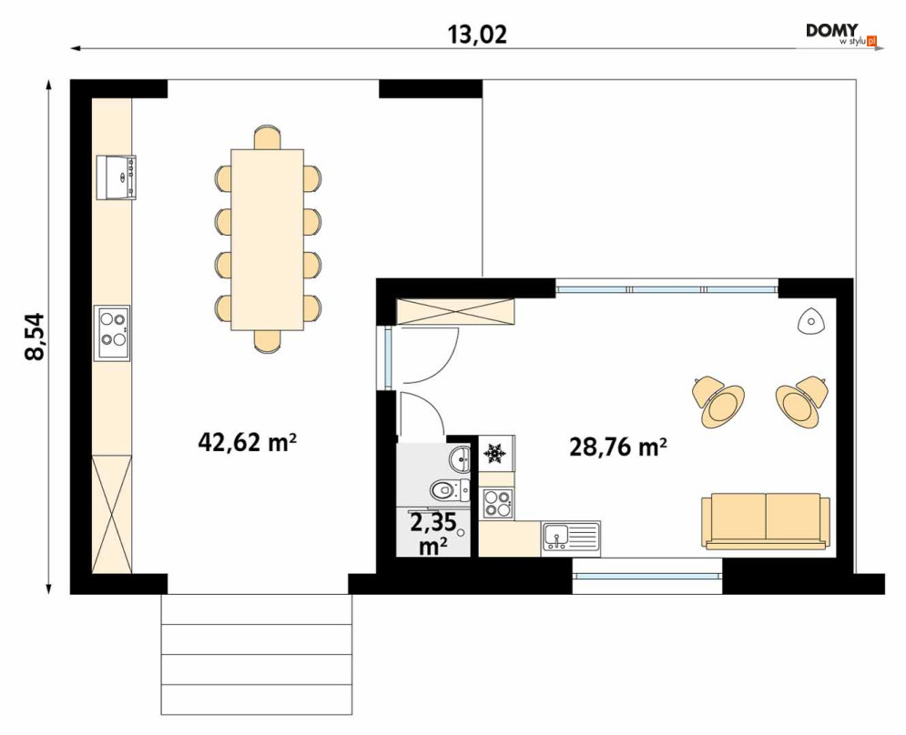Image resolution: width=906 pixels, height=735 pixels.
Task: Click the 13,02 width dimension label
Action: pyautogui.click(x=477, y=35)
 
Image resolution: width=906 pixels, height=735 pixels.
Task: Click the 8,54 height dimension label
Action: pyautogui.click(x=35, y=337)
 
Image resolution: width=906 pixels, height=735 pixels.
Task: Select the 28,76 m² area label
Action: pyautogui.click(x=618, y=447)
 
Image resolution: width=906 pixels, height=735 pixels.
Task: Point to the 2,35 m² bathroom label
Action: pyautogui.click(x=433, y=534)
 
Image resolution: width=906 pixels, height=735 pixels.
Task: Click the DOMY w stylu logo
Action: pyautogui.click(x=841, y=34)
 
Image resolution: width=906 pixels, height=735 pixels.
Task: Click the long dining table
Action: pyautogui.click(x=268, y=239)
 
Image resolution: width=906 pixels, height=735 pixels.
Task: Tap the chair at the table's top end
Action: pyautogui.click(x=268, y=137)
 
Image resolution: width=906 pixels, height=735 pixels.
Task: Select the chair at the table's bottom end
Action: pyautogui.click(x=268, y=340)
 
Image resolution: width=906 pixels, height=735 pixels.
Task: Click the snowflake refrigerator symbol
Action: pyautogui.click(x=494, y=453)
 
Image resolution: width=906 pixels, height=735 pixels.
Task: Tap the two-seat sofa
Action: pyautogui.click(x=766, y=521)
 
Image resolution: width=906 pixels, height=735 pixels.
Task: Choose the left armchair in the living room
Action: pyautogui.click(x=718, y=399)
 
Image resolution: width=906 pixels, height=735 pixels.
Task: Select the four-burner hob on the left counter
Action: pyautogui.click(x=112, y=333)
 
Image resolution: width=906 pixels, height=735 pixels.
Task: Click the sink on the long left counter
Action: pyautogui.click(x=117, y=177)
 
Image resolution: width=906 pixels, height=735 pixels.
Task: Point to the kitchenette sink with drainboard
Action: pyautogui.click(x=571, y=539)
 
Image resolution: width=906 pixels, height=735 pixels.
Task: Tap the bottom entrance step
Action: pyautogui.click(x=257, y=700)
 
